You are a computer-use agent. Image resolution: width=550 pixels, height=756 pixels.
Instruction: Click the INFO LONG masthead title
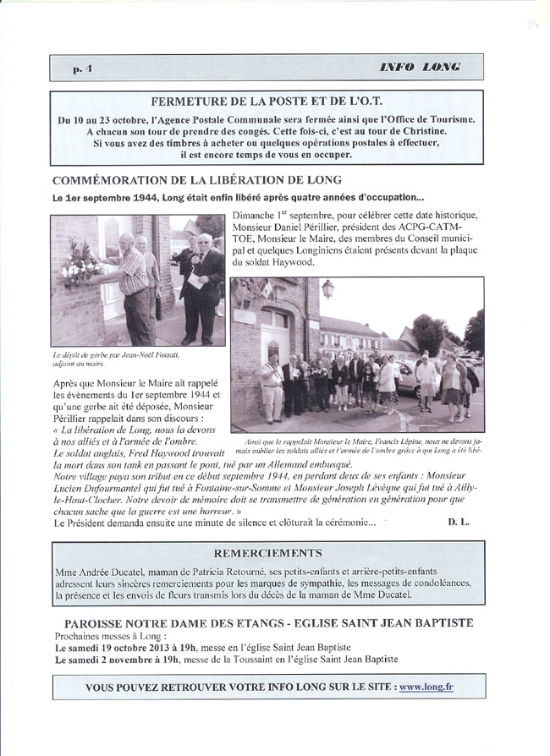point(421,67)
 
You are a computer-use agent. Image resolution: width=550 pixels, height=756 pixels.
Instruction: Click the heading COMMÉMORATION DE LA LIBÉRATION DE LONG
point(196,180)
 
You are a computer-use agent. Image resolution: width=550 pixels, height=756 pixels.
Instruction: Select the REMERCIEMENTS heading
point(274,553)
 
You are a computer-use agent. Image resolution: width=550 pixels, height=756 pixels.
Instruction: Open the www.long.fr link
point(426,688)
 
